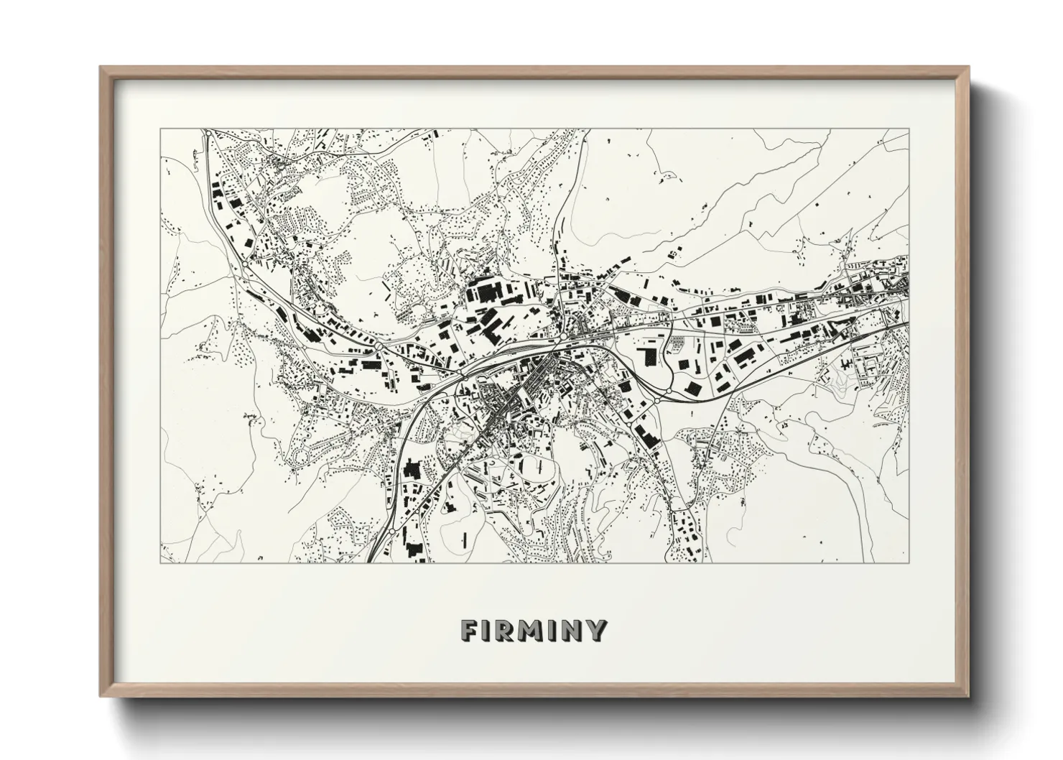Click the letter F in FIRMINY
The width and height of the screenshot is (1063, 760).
(470, 631)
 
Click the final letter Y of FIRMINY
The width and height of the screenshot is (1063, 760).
(596, 631)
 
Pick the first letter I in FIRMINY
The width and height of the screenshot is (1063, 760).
(487, 631)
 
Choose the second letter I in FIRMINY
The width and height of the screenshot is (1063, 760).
(554, 631)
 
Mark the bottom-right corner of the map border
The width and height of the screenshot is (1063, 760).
(908, 562)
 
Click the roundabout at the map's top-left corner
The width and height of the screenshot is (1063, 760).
(207, 133)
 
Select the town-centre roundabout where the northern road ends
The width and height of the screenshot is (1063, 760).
(565, 335)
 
